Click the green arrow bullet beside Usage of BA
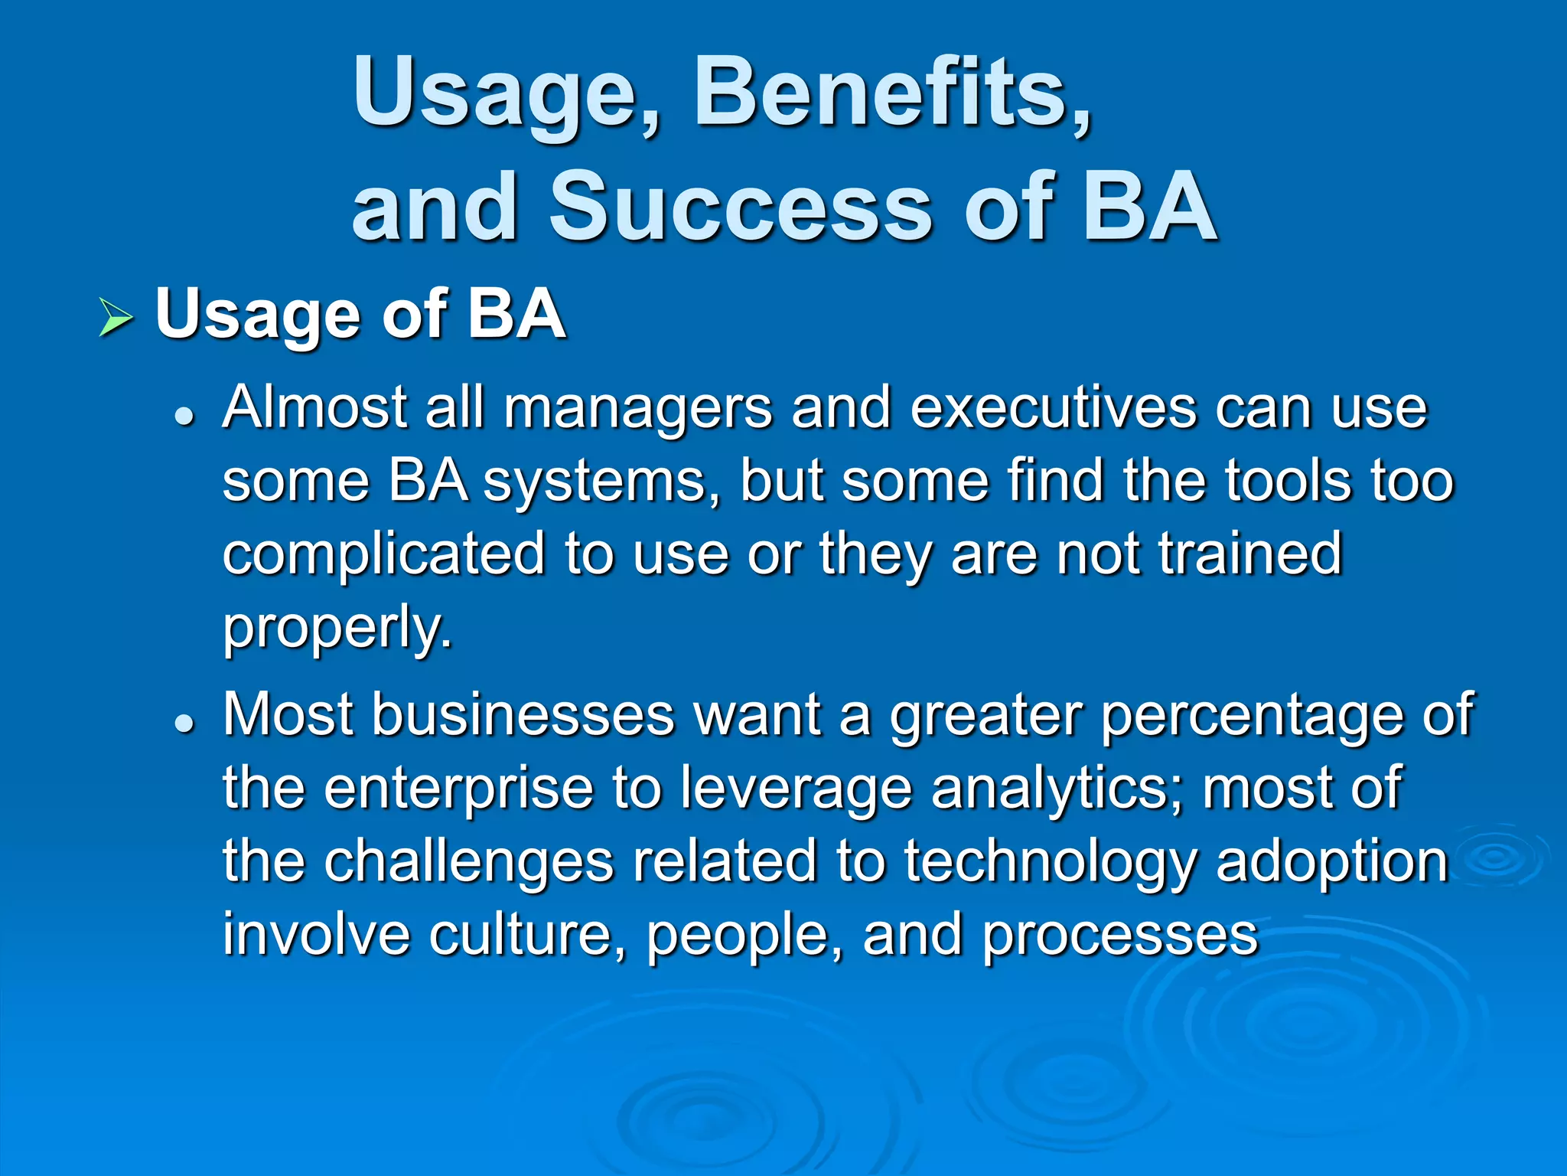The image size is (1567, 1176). tap(116, 318)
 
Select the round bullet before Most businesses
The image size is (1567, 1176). tap(184, 722)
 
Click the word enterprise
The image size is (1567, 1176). tap(459, 789)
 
